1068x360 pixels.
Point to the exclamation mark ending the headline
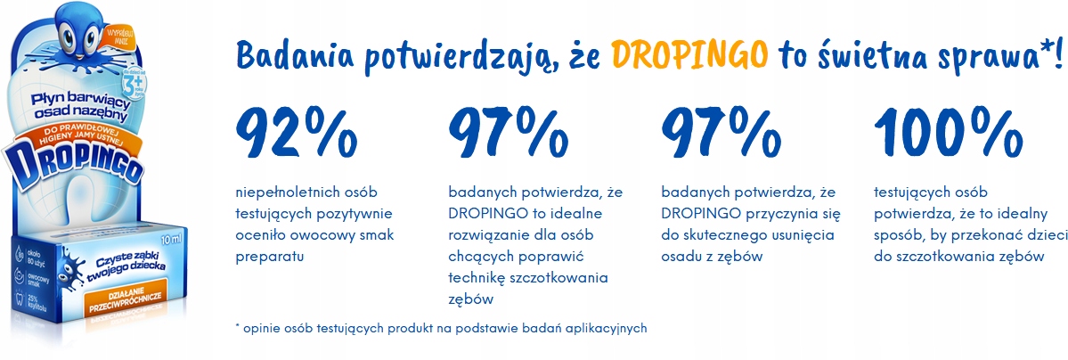point(1056,54)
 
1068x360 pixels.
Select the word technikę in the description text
point(479,278)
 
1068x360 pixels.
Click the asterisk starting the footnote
point(238,326)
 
